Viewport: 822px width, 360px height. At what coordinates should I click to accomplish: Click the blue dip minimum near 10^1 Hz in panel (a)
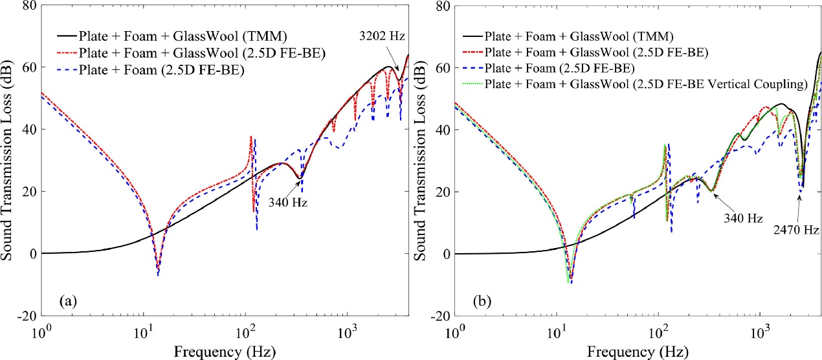[158, 275]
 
